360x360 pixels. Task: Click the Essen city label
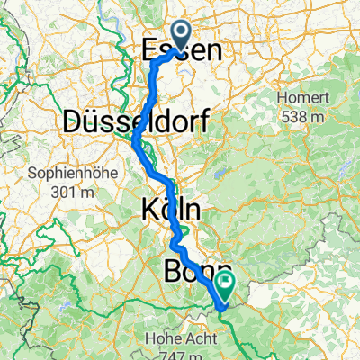pos(182,52)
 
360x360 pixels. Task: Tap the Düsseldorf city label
pos(125,122)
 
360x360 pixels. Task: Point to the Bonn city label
pos(198,272)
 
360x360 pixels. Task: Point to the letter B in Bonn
pos(174,272)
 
